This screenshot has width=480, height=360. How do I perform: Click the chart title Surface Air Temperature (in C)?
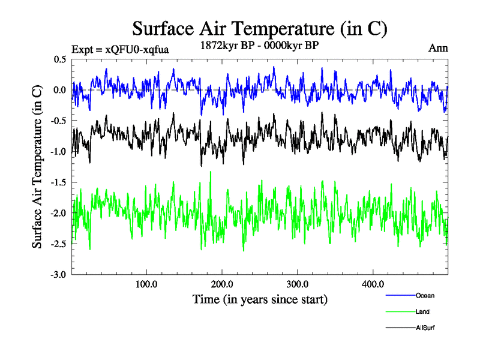[x=260, y=28]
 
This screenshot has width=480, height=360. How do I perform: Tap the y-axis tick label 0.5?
[x=60, y=59]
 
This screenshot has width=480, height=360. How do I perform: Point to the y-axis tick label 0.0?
[x=60, y=90]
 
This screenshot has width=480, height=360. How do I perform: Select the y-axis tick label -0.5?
[x=59, y=121]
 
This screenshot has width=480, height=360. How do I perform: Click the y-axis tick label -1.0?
[x=59, y=152]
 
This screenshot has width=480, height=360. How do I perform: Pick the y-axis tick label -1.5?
[x=59, y=182]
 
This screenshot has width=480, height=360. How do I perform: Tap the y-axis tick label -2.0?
[x=59, y=213]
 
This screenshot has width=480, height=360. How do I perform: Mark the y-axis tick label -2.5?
[x=59, y=244]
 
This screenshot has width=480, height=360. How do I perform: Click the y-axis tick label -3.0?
[x=59, y=275]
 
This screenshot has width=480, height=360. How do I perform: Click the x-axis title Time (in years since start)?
[x=260, y=299]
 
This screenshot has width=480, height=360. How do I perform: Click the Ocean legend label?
[x=425, y=295]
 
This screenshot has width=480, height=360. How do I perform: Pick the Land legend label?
[x=422, y=312]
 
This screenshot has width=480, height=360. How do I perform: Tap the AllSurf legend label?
[x=425, y=328]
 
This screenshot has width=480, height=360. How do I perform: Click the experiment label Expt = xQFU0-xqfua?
[x=120, y=49]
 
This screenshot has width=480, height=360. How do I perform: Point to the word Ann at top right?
[x=438, y=48]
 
